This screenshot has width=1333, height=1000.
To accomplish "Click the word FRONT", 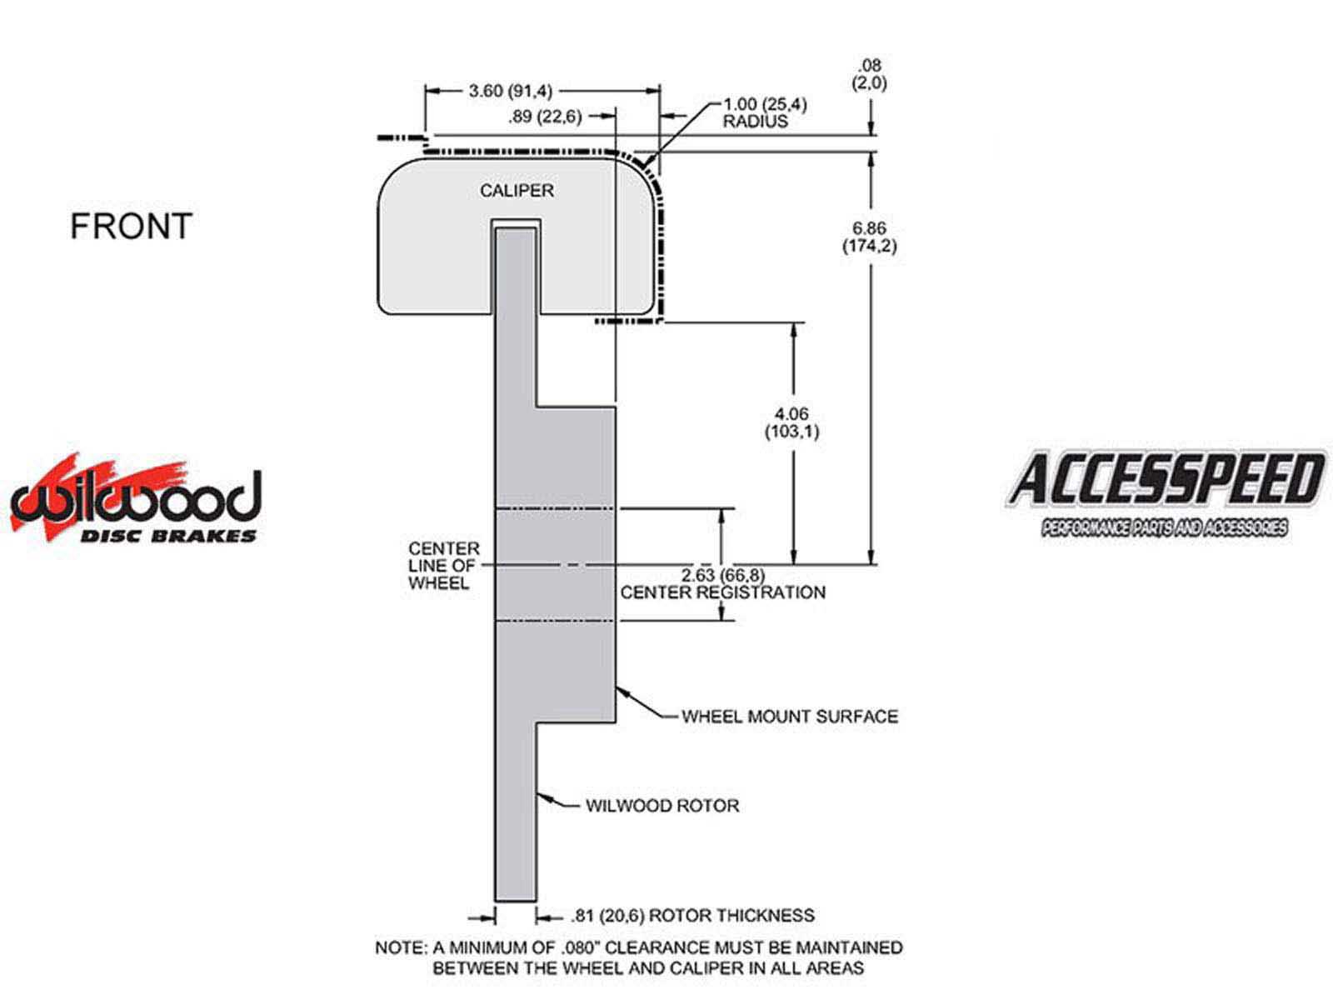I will coord(131,227).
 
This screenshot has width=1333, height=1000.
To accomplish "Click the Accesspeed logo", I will coord(1166,492).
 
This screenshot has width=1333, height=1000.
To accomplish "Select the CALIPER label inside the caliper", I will coord(517,191).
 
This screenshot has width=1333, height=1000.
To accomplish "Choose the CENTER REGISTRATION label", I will coord(723,592).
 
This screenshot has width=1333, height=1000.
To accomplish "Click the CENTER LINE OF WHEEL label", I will coord(444,566).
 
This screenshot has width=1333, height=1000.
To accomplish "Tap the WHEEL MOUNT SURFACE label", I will coord(790,717).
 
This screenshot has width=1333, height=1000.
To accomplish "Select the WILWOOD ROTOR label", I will coord(662,806).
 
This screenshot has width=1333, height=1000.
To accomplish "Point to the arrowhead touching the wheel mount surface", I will coord(621,692).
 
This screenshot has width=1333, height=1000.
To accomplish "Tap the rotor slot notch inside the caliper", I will coord(516,223).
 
